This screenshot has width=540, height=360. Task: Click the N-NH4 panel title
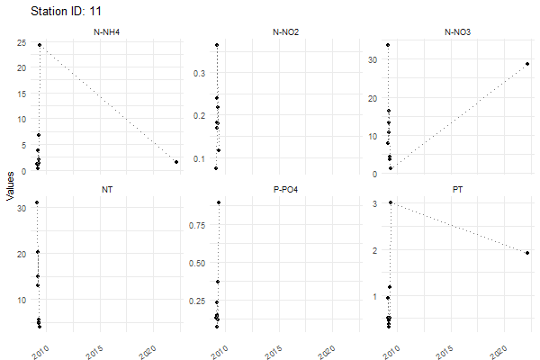(107, 33)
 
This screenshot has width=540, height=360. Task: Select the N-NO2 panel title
(287, 33)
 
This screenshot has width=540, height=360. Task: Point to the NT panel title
(107, 190)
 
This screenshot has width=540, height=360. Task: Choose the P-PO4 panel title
(287, 190)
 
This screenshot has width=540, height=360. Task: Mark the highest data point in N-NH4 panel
(40, 44)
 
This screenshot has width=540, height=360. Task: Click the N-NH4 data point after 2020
(176, 162)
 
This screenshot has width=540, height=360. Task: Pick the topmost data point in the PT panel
(390, 202)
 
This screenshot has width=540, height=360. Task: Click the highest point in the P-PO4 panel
(219, 202)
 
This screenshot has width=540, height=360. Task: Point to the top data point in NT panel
(37, 202)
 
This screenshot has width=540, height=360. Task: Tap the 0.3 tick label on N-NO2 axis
(200, 72)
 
